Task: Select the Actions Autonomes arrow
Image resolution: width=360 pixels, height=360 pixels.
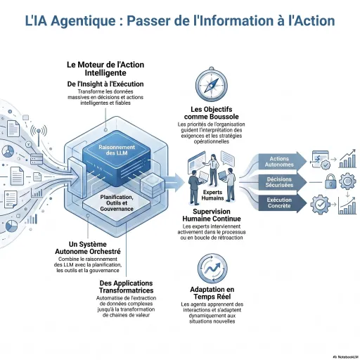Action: click(281, 161)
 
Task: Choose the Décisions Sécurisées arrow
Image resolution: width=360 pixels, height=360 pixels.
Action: click(281, 182)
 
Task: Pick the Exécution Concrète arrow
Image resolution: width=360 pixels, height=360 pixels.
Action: click(281, 203)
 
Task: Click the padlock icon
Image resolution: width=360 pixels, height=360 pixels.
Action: click(329, 182)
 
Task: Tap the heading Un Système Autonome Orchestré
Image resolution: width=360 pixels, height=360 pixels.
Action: click(89, 247)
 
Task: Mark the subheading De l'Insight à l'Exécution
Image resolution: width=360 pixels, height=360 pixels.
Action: click(105, 84)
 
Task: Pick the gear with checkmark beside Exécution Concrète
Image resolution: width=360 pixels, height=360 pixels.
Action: click(321, 204)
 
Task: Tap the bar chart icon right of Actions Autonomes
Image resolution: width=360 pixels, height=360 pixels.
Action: click(347, 160)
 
